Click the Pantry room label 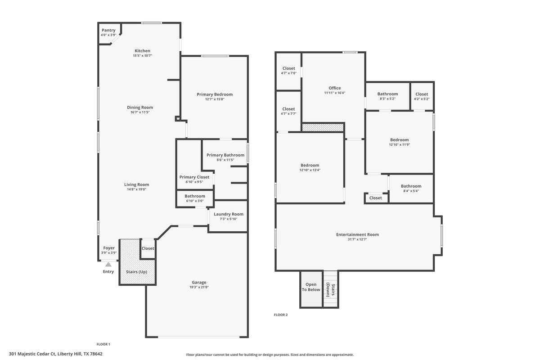[x=108, y=30]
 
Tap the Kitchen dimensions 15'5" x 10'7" [x=142, y=56]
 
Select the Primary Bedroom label [x=215, y=94]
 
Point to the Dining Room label [x=140, y=108]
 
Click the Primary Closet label [x=194, y=177]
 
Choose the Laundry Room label [x=229, y=214]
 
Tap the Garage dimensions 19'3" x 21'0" [x=199, y=287]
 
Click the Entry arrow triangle [x=108, y=265]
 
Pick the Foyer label [x=109, y=248]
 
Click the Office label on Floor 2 [x=335, y=88]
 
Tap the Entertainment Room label [x=357, y=234]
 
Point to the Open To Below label [x=311, y=287]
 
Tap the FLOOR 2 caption [x=281, y=315]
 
